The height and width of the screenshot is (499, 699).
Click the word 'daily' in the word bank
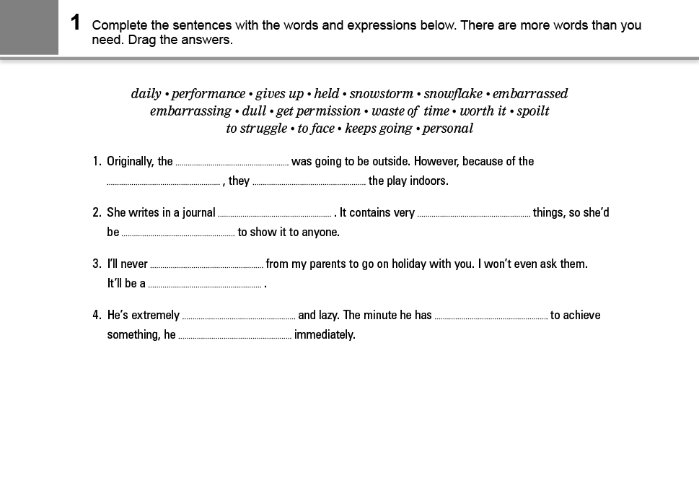pyautogui.click(x=146, y=94)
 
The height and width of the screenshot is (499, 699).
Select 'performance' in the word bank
pyautogui.click(x=208, y=94)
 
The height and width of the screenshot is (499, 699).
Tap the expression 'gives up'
pyautogui.click(x=280, y=94)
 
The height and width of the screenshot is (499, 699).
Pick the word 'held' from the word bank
pyautogui.click(x=327, y=94)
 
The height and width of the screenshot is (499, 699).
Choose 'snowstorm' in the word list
pyautogui.click(x=382, y=94)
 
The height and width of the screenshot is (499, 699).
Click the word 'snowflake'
pyautogui.click(x=453, y=94)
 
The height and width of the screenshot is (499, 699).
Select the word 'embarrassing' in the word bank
pyautogui.click(x=190, y=111)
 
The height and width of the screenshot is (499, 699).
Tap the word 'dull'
pyautogui.click(x=254, y=111)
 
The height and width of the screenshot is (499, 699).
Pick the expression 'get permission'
pyautogui.click(x=318, y=111)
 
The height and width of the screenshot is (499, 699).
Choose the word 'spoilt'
pyautogui.click(x=533, y=111)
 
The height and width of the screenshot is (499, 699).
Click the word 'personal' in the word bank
pyautogui.click(x=448, y=129)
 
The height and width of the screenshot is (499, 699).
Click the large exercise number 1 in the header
pyautogui.click(x=76, y=23)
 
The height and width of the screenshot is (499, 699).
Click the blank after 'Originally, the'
pyautogui.click(x=232, y=162)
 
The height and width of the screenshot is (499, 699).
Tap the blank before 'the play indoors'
pyautogui.click(x=309, y=182)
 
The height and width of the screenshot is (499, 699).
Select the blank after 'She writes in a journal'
pyautogui.click(x=274, y=214)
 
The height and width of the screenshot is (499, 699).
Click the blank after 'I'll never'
pyautogui.click(x=206, y=265)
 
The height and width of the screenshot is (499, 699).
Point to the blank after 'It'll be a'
pyautogui.click(x=205, y=285)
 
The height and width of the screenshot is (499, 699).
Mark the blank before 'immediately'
pyautogui.click(x=234, y=336)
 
